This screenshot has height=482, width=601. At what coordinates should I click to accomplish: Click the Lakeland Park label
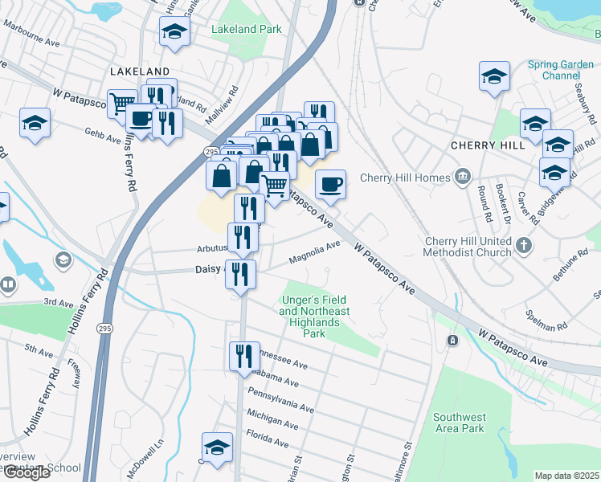click(246, 30)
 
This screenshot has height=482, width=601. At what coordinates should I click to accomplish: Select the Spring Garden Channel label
click(560, 70)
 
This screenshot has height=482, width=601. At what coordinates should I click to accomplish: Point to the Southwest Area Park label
click(459, 423)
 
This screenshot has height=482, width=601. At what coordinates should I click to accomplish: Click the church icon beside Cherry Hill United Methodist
click(523, 245)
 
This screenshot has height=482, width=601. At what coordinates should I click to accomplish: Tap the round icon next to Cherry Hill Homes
click(463, 177)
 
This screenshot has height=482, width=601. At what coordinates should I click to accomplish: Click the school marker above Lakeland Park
click(174, 33)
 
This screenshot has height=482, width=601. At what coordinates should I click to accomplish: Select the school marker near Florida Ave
click(216, 447)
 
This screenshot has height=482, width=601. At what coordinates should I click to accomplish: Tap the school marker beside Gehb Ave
click(35, 124)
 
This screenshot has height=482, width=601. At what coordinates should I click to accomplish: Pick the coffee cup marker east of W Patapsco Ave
click(330, 185)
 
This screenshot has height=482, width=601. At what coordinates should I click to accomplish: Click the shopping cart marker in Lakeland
click(122, 104)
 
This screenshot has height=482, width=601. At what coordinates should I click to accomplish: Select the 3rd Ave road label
click(58, 302)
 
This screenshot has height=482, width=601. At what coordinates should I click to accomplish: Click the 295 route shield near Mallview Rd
click(211, 151)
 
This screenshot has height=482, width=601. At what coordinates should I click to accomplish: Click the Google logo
click(27, 472)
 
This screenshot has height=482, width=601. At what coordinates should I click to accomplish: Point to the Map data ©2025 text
click(567, 476)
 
